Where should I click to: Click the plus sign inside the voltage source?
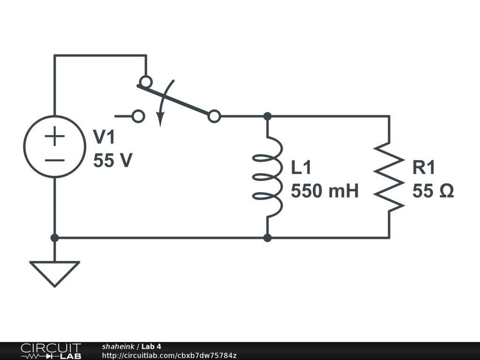pyautogui.click(x=55, y=137)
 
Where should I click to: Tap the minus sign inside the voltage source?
pyautogui.click(x=55, y=160)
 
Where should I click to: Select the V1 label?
pyautogui.click(x=104, y=137)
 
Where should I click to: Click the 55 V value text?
pyautogui.click(x=112, y=161)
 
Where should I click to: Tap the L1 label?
pyautogui.click(x=301, y=167)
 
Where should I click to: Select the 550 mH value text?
pyautogui.click(x=324, y=191)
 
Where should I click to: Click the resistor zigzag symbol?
pyautogui.click(x=389, y=176)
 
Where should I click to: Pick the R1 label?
pyautogui.click(x=424, y=167)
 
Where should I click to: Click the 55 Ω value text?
pyautogui.click(x=433, y=191)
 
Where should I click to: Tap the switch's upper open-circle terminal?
pyautogui.click(x=146, y=82)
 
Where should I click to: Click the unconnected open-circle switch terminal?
pyautogui.click(x=138, y=116)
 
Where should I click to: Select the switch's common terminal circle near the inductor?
pyautogui.click(x=214, y=116)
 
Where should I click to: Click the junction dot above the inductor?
pyautogui.click(x=268, y=116)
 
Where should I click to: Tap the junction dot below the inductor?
pyautogui.click(x=268, y=238)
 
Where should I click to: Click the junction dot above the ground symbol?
pyautogui.click(x=54, y=238)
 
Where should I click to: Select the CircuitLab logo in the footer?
pyautogui.click(x=50, y=351)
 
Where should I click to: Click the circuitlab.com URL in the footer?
pyautogui.click(x=169, y=355)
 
